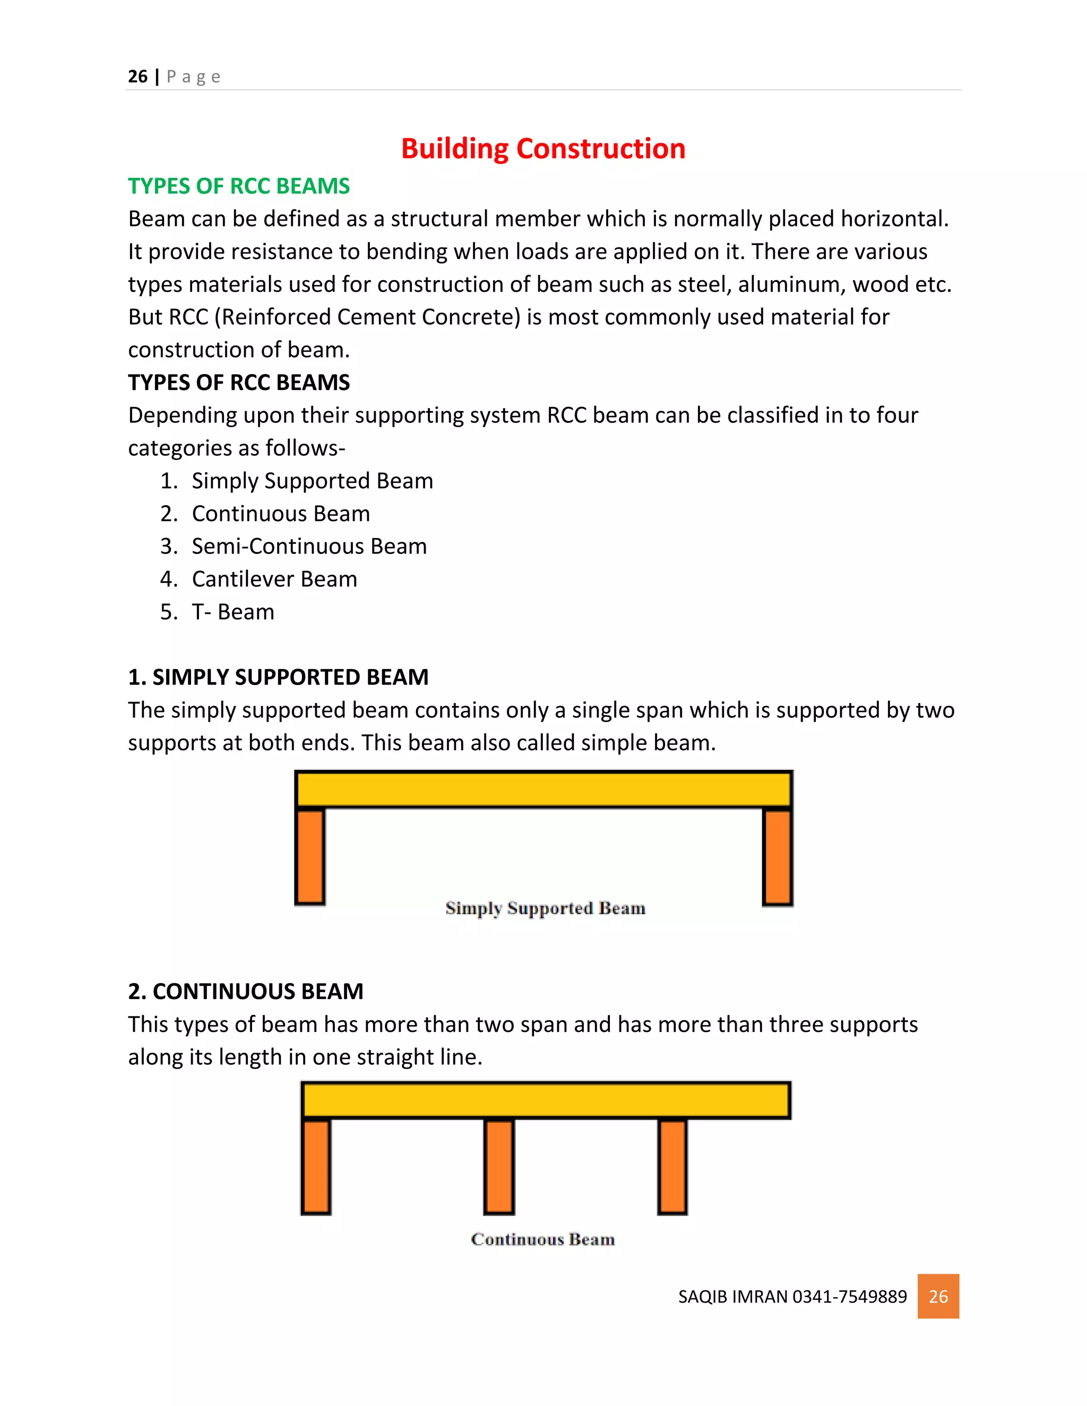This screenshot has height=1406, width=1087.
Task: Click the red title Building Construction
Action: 543,149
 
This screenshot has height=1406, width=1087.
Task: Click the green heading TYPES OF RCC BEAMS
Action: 239,186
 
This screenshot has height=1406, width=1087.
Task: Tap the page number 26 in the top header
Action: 138,76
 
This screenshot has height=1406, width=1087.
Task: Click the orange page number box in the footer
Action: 938,1296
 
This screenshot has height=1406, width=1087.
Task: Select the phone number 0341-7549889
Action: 849,1297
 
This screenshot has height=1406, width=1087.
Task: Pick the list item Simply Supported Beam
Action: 312,481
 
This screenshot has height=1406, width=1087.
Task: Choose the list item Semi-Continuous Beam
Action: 309,546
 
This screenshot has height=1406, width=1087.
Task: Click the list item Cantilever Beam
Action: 274,579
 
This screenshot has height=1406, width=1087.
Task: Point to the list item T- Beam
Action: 233,612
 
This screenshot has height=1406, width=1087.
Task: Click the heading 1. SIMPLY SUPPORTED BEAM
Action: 278,677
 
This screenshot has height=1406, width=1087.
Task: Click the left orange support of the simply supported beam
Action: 310,856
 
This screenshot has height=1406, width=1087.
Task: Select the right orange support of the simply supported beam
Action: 777,857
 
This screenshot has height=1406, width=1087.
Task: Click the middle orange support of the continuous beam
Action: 499,1167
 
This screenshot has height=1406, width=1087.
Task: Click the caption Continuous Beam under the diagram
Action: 543,1240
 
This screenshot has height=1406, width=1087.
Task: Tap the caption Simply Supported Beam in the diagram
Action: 545,908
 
